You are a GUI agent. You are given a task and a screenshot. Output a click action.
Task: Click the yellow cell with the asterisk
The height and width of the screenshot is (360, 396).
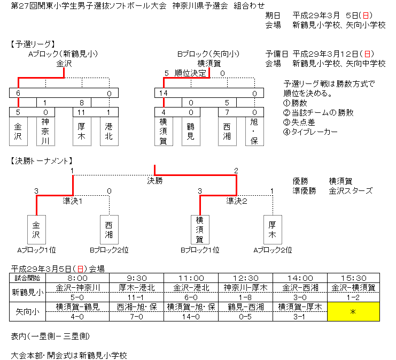click(353, 311)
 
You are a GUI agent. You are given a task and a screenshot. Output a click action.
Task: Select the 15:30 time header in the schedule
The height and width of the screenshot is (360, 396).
click(353, 278)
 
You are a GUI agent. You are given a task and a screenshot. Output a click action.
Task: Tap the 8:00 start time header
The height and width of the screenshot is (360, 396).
click(78, 278)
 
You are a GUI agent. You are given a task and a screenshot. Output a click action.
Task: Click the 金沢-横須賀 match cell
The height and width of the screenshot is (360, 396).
click(353, 287)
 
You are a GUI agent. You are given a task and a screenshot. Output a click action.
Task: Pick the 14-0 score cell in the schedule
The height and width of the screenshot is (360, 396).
click(191, 316)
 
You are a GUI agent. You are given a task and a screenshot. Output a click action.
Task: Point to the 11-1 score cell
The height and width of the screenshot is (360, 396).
click(136, 297)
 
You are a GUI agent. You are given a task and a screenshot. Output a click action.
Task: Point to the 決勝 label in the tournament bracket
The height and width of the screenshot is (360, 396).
click(155, 181)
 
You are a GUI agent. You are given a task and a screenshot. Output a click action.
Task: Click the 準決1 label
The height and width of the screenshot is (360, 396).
click(73, 201)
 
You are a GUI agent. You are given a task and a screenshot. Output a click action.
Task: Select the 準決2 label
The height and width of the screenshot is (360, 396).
click(237, 201)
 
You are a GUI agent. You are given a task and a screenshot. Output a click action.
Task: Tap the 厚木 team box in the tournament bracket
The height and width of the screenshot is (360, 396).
click(272, 229)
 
